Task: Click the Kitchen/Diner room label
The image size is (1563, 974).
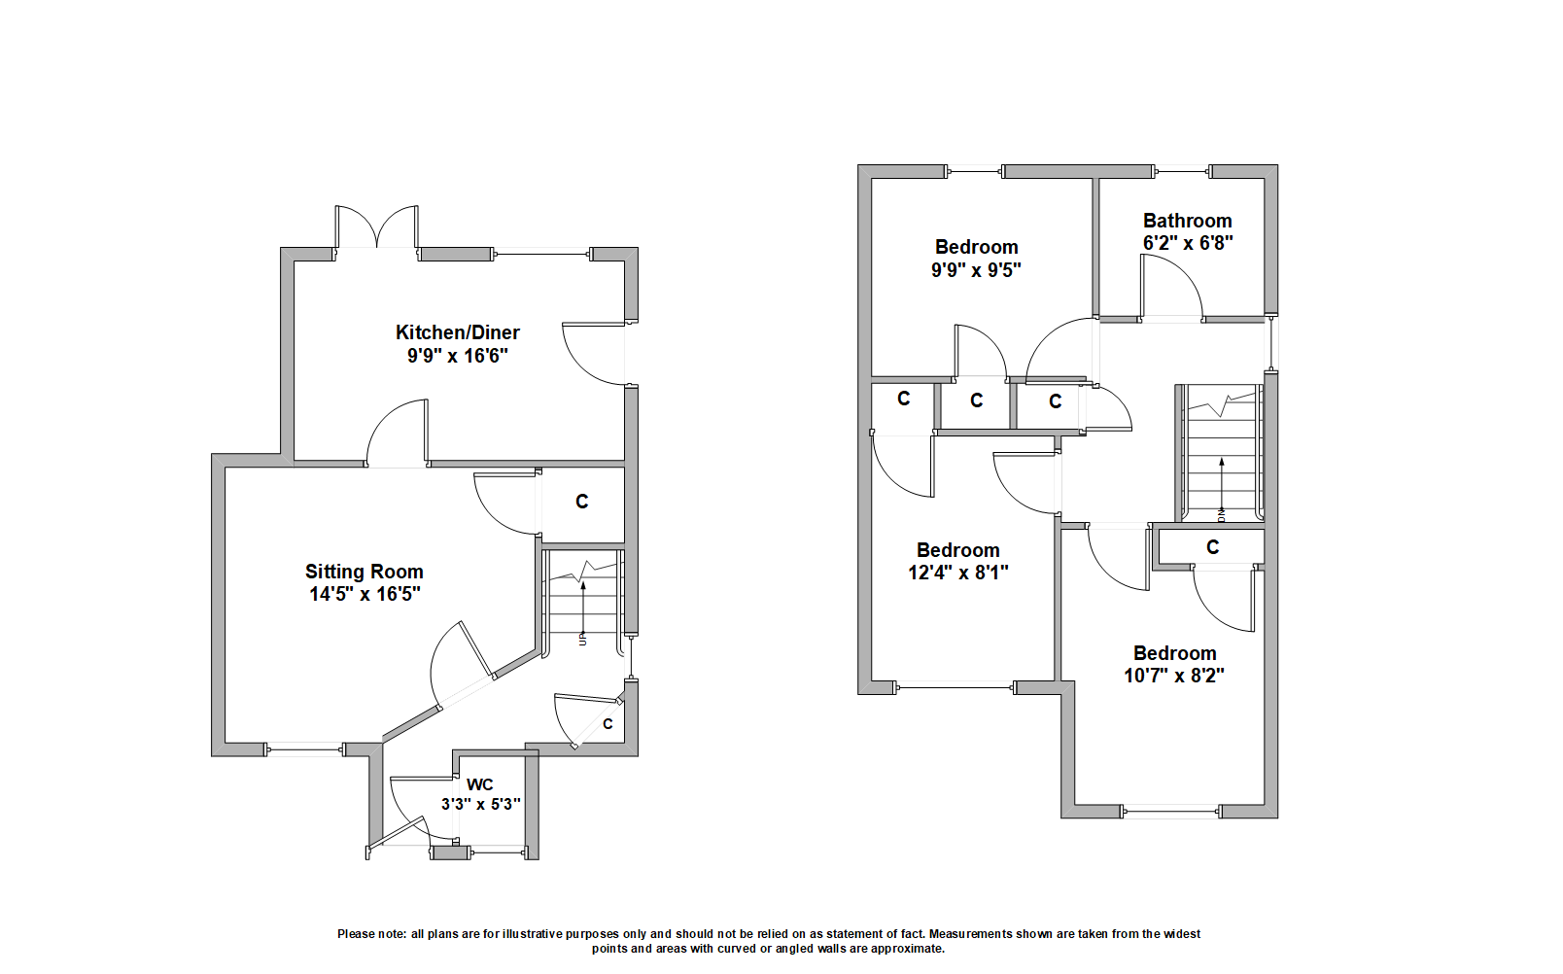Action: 457,332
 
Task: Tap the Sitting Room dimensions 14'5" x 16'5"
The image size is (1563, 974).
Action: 365,594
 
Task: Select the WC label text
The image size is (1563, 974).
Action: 479,784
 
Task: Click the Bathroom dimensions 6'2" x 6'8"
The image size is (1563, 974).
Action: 1187,243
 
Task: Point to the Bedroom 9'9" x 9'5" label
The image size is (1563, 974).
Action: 976,259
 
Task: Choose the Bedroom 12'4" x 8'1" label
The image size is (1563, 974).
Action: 957,562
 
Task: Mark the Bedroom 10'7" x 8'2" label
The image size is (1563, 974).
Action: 1174,664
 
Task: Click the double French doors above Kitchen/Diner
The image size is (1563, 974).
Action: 377,229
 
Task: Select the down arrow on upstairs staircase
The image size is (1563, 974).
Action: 1221,486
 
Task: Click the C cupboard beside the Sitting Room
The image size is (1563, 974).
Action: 581,502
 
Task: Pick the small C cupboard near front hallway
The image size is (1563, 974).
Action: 608,724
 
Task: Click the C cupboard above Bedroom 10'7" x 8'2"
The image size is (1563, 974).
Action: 1212,547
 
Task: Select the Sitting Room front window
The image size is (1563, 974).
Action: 304,748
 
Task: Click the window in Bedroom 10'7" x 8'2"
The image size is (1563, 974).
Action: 1170,811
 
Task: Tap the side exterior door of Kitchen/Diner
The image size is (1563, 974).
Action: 595,354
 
